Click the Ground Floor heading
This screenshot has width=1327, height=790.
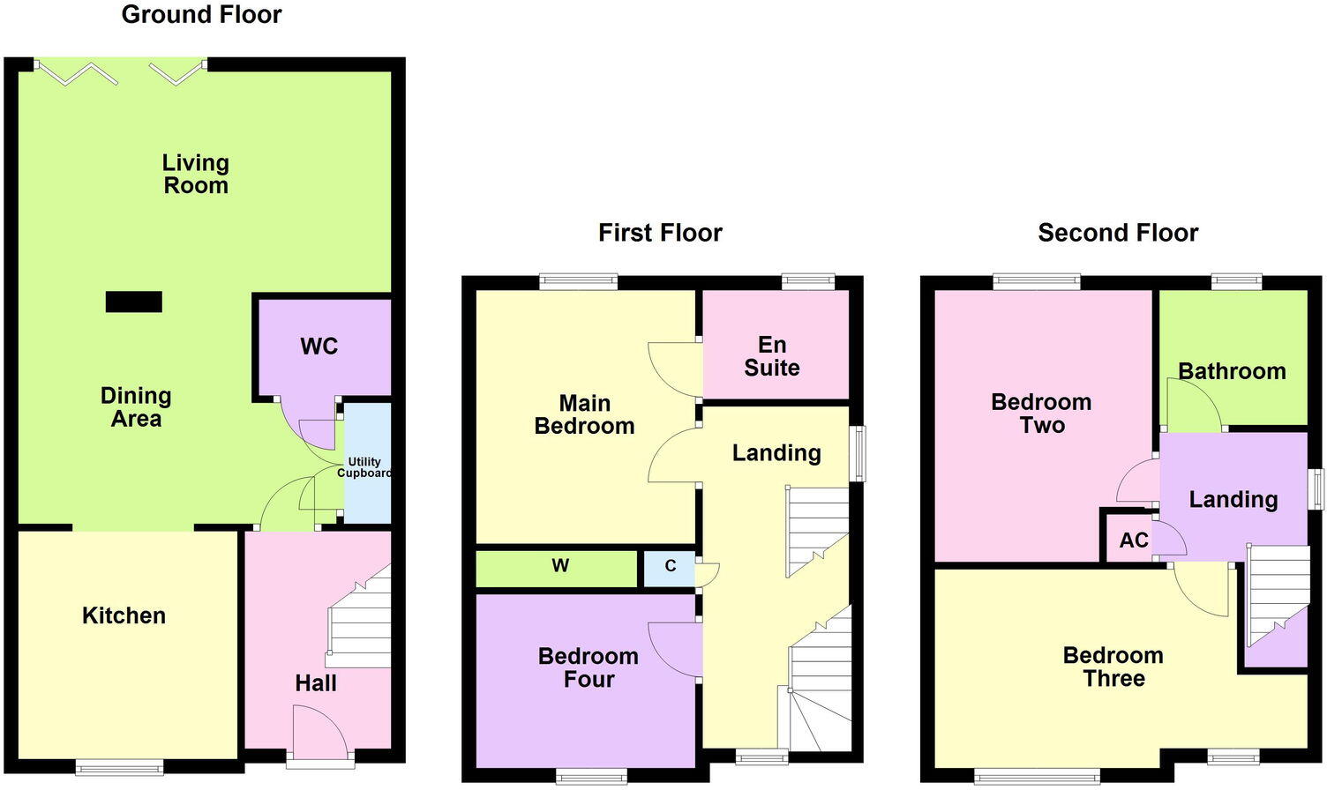pyautogui.click(x=201, y=15)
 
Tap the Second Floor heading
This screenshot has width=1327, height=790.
pyautogui.click(x=1118, y=233)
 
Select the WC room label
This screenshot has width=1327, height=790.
pyautogui.click(x=319, y=347)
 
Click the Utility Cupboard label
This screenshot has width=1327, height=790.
pyautogui.click(x=364, y=467)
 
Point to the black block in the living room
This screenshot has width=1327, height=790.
pyautogui.click(x=134, y=302)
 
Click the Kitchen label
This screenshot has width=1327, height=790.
pyautogui.click(x=124, y=615)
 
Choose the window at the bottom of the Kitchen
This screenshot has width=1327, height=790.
pyautogui.click(x=118, y=765)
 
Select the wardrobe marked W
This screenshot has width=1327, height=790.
pyautogui.click(x=560, y=566)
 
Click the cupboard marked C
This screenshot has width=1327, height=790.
pyautogui.click(x=670, y=566)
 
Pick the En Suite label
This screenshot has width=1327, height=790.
pyautogui.click(x=772, y=356)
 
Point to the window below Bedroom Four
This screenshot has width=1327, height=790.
pyautogui.click(x=591, y=776)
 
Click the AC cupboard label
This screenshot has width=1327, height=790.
pyautogui.click(x=1133, y=540)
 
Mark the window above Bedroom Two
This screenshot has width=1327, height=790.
pyautogui.click(x=1037, y=282)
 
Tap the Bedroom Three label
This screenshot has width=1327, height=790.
pyautogui.click(x=1113, y=667)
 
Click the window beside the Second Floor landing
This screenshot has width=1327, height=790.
pyautogui.click(x=1316, y=488)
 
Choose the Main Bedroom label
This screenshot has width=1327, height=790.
pyautogui.click(x=584, y=414)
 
